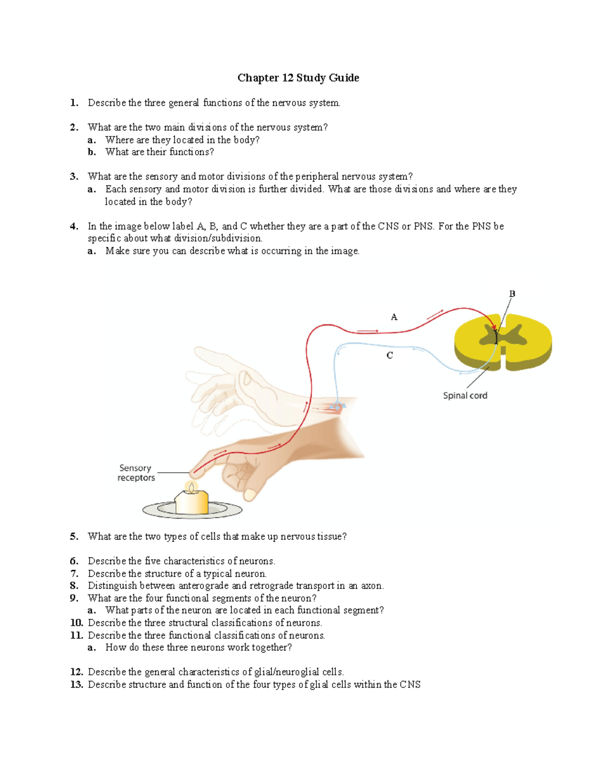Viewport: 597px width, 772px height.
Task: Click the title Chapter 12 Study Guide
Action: click(x=298, y=78)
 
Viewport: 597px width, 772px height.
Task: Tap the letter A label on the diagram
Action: click(x=394, y=317)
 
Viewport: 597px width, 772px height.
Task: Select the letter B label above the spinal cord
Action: click(x=512, y=294)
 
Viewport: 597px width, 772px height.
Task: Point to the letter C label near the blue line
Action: click(x=390, y=355)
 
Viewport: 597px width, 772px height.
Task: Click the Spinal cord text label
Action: click(x=465, y=396)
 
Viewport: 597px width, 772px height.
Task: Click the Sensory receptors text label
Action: click(x=136, y=473)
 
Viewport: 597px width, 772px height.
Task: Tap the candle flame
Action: click(x=191, y=487)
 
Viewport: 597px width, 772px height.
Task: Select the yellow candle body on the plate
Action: click(x=192, y=503)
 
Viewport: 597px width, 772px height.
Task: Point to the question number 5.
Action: click(x=74, y=536)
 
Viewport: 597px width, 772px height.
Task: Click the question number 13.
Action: click(x=77, y=685)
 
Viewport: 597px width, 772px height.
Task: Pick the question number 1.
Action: click(x=74, y=103)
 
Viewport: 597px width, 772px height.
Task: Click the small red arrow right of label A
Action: click(x=434, y=314)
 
